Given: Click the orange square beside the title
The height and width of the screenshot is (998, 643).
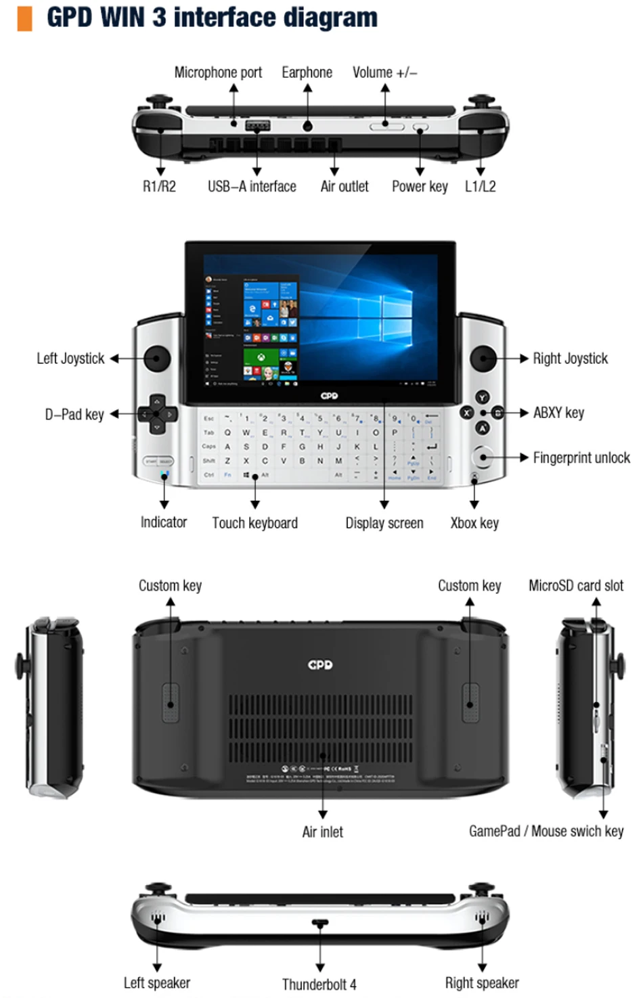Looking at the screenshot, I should click(x=24, y=18).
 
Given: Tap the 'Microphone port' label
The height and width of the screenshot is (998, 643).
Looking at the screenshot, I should click(x=218, y=72).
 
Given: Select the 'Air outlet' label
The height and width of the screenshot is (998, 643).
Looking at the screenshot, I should click(x=345, y=187).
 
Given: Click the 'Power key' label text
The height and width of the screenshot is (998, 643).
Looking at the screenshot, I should click(x=420, y=187).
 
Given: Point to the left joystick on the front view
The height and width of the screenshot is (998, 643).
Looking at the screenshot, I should click(x=156, y=359).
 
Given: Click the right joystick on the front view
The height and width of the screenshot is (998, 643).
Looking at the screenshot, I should click(x=483, y=359).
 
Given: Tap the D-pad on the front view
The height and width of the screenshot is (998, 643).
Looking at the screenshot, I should click(x=157, y=413).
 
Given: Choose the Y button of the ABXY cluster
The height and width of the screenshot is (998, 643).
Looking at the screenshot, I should click(x=482, y=398).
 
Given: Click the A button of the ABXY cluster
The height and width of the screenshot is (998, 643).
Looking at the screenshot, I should click(x=482, y=428).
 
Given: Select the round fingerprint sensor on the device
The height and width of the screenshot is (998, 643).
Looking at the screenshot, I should click(x=483, y=457).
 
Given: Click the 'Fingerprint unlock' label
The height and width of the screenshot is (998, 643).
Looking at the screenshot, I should click(x=581, y=458).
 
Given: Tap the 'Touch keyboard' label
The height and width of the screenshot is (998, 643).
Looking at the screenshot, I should click(x=254, y=523).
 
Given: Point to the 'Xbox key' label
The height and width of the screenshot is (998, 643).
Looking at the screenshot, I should click(x=474, y=523).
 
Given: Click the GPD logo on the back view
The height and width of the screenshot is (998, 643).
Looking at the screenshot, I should click(x=320, y=665).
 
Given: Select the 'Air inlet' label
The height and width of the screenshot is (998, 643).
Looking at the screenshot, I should click(x=322, y=832).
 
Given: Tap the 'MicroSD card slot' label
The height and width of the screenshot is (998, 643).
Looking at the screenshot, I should click(x=576, y=586).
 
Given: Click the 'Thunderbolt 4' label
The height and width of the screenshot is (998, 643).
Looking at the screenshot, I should click(x=319, y=984).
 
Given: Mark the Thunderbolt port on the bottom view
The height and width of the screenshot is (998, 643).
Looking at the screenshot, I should click(x=320, y=923).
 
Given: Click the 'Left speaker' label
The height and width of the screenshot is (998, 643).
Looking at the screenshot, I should click(x=156, y=983).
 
